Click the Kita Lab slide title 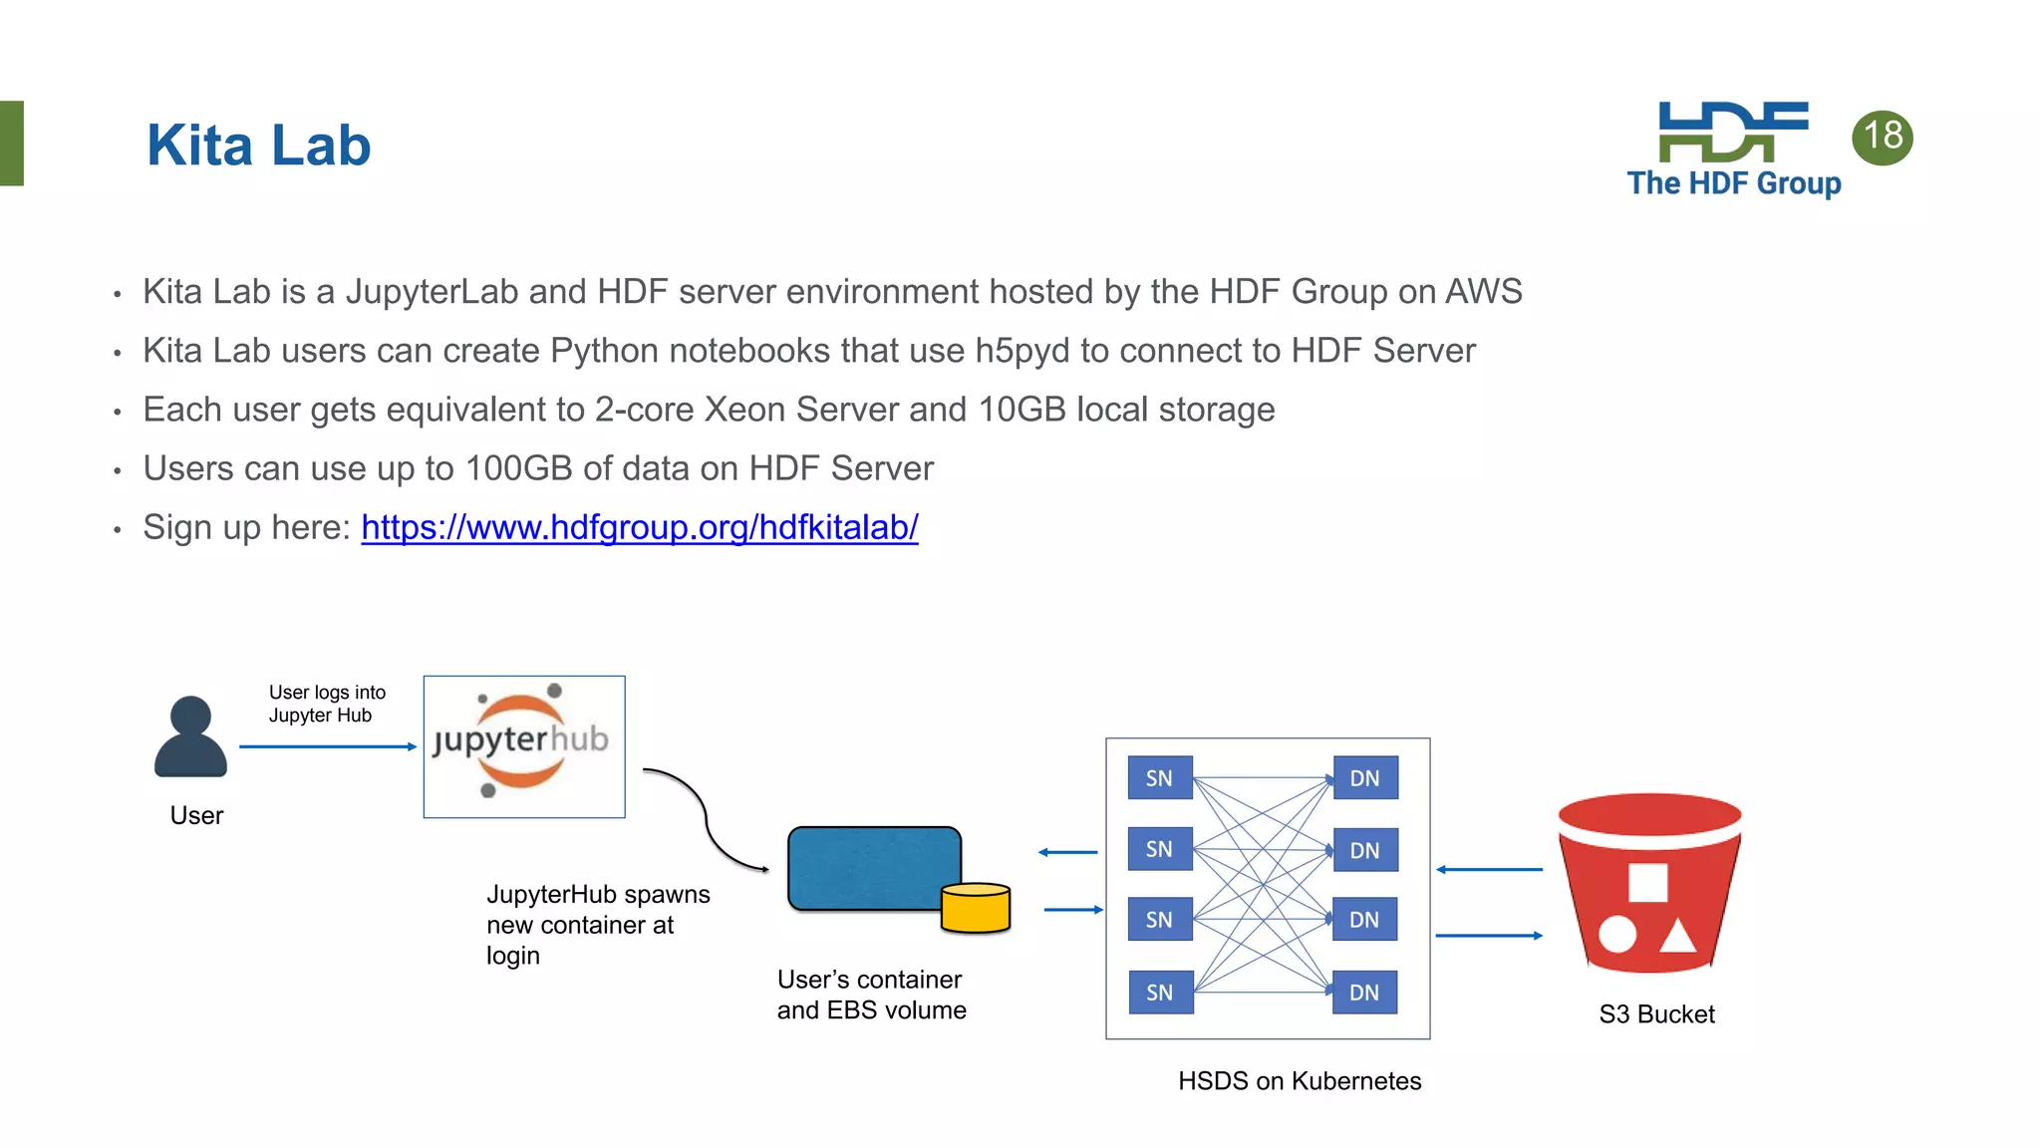tap(258, 145)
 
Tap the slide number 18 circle tap(1882, 137)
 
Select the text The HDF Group tap(1733, 183)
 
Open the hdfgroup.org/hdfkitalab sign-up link tap(639, 527)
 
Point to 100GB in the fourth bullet tap(518, 468)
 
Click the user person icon tap(190, 737)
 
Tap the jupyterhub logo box tap(524, 746)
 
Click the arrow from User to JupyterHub tap(327, 746)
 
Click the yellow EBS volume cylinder tap(976, 907)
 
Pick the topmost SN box tap(1159, 778)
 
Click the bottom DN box tap(1364, 993)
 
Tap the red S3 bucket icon tap(1649, 882)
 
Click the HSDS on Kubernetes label tap(1299, 1081)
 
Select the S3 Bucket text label tap(1656, 1014)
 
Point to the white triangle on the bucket tap(1678, 938)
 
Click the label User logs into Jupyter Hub tap(326, 704)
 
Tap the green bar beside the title tap(11, 143)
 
